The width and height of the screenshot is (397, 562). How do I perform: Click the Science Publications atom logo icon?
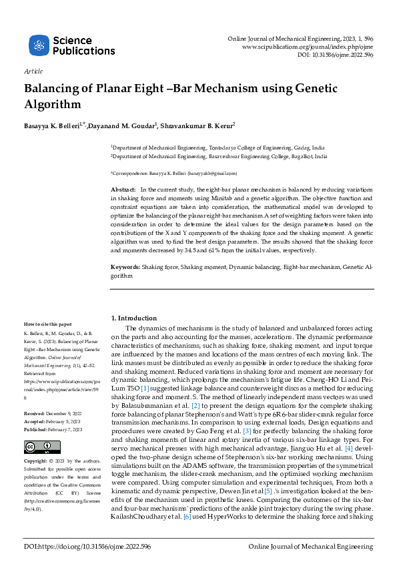click(x=39, y=45)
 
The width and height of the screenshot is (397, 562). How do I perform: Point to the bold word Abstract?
click(x=124, y=190)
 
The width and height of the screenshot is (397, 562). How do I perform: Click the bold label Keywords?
click(x=125, y=267)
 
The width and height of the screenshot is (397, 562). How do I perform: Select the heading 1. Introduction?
click(x=133, y=318)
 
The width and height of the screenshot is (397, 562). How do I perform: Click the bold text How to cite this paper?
click(x=49, y=324)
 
